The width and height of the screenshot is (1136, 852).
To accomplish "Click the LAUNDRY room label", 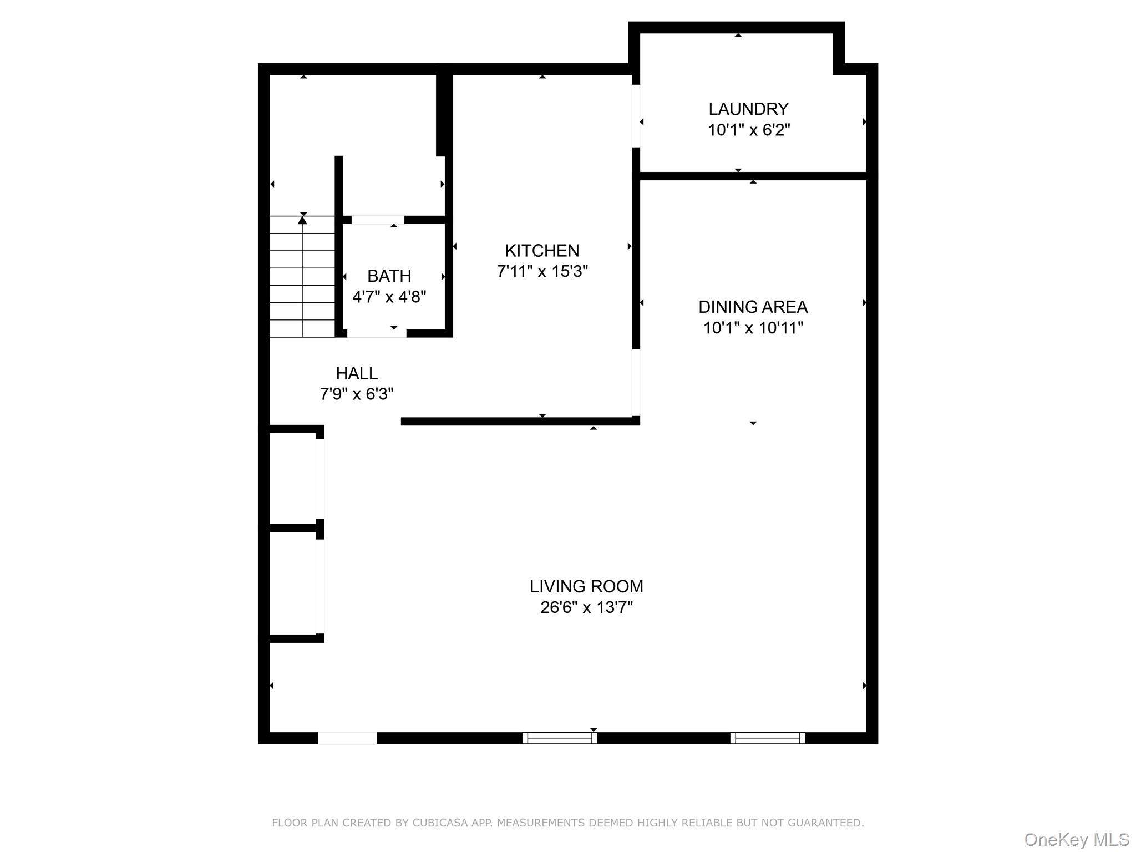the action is coord(748,109).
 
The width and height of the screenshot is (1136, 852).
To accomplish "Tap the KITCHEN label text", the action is coord(542,251).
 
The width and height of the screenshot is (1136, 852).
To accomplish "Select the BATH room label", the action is coord(389,276).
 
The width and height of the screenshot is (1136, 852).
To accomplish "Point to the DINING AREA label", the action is coord(753,307).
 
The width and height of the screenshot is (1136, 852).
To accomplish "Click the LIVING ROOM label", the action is coord(586,586).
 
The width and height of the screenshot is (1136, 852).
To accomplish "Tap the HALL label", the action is coord(357,373).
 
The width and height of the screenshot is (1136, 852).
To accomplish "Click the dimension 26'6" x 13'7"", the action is coord(586,607).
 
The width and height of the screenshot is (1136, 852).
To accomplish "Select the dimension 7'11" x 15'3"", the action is coord(542,272).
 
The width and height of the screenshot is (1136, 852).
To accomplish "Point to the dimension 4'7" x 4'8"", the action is coord(389,297).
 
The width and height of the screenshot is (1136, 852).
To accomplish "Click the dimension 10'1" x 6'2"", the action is coord(748,130).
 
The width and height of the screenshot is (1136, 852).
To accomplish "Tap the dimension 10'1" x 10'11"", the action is coord(753,328).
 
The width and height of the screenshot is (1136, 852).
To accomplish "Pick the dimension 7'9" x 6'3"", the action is coord(357,394).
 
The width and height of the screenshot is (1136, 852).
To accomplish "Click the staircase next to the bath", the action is coord(302,276).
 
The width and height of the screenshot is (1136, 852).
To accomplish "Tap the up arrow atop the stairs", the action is coord(302,220).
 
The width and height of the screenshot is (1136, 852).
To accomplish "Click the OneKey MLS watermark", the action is coord(1077,840).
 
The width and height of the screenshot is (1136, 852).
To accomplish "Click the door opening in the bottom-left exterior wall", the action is coord(347,738).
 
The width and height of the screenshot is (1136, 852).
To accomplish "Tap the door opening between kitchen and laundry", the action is coord(636,116).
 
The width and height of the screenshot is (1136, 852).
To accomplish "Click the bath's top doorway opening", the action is coord(378,220).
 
